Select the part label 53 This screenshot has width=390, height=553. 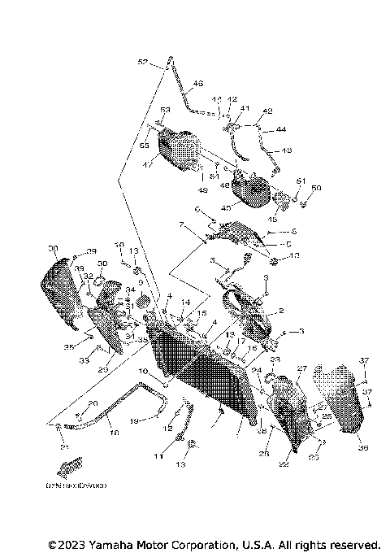point(164,110)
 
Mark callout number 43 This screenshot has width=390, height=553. point(286,150)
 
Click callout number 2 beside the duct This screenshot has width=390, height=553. point(281,311)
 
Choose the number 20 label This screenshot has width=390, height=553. point(93,404)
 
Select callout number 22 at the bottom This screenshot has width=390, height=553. point(284,464)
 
